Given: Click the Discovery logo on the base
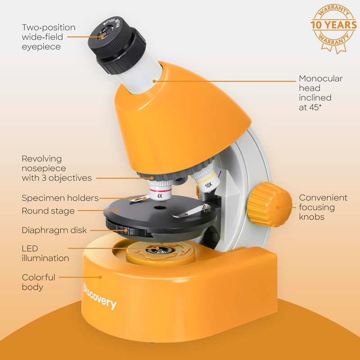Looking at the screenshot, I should coord(99,297).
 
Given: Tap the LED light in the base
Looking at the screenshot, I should coord(157,250).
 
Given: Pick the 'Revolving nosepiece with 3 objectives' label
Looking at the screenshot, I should coord(57,168).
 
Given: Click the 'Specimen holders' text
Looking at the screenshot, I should coord(60,198).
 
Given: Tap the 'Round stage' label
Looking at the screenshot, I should coord(48,211).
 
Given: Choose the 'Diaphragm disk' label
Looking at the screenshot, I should coord(54,230).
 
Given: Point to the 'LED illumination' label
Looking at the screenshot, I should coord(45,253).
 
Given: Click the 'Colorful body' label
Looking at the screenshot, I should coord(39,282).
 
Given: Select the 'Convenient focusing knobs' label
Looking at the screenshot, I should coord(323,207).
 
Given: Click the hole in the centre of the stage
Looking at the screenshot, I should coord(159,208).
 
